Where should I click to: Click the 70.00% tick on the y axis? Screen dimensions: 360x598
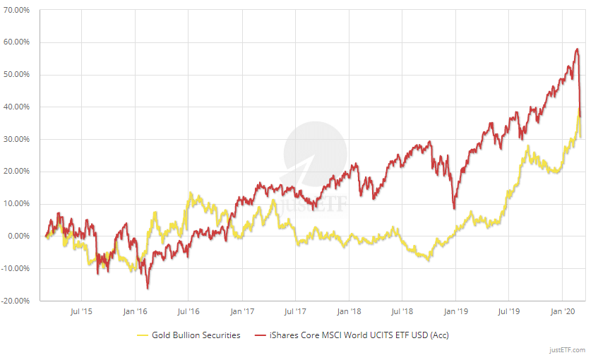(18, 10)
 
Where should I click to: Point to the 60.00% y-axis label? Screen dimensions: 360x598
(18, 42)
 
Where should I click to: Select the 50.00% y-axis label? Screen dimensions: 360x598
(18, 75)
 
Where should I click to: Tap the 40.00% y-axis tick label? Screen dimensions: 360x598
(18, 107)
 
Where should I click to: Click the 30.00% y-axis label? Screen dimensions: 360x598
(18, 139)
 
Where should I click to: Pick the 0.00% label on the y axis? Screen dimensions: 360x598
(19, 236)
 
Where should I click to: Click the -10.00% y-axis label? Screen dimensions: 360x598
(16, 268)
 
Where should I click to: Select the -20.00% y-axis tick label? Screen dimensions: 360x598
(16, 301)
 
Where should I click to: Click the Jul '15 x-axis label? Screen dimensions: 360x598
(81, 311)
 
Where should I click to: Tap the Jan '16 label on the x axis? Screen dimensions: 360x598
(135, 311)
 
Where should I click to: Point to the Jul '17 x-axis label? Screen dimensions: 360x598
(295, 311)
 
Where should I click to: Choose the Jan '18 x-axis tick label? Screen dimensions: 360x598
(349, 311)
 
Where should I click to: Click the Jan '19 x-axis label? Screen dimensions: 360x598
(455, 311)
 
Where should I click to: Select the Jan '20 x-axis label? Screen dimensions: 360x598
(563, 311)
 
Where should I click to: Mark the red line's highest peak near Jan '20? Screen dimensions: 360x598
(577, 49)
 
